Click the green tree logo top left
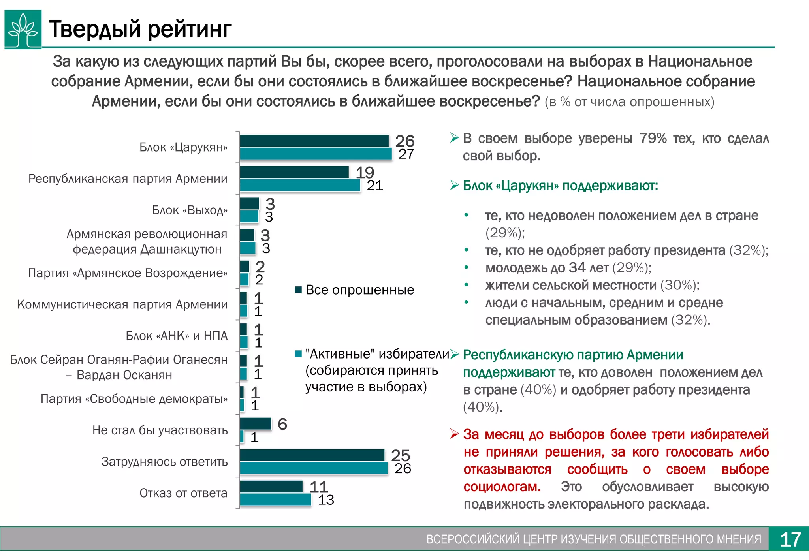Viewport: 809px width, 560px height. (x=23, y=29)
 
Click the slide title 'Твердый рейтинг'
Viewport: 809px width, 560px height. (x=140, y=29)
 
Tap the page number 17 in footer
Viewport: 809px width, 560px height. (x=790, y=539)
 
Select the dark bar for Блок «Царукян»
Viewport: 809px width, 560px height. (x=314, y=141)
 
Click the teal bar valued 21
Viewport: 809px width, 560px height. (x=300, y=185)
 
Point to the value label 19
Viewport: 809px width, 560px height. (x=364, y=173)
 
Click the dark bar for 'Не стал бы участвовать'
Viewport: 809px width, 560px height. (x=256, y=424)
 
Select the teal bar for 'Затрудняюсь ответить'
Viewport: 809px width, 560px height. (x=314, y=468)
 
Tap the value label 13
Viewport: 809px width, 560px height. (x=326, y=500)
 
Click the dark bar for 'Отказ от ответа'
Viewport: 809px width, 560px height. (x=271, y=487)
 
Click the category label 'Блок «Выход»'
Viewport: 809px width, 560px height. (x=190, y=210)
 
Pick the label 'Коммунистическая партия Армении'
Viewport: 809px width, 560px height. (x=122, y=304)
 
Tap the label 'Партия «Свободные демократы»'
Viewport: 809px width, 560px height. (x=134, y=399)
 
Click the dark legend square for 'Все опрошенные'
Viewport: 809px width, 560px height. (x=299, y=290)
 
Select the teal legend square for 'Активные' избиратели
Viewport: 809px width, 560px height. (x=299, y=354)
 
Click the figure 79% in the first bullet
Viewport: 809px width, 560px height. (x=653, y=139)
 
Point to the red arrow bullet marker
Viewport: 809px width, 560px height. (x=454, y=434)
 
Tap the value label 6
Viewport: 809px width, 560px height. (x=282, y=424)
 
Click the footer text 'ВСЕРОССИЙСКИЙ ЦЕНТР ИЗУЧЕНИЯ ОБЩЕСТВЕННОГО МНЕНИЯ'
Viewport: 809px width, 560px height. (x=593, y=539)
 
